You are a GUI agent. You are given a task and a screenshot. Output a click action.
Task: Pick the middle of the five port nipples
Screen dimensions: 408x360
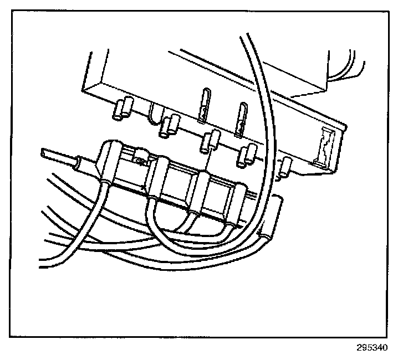tap(206, 141)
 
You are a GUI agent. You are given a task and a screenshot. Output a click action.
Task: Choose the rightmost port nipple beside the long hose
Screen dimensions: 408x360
tap(285, 167)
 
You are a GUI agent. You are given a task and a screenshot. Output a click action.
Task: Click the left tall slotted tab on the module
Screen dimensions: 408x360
tap(202, 104)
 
